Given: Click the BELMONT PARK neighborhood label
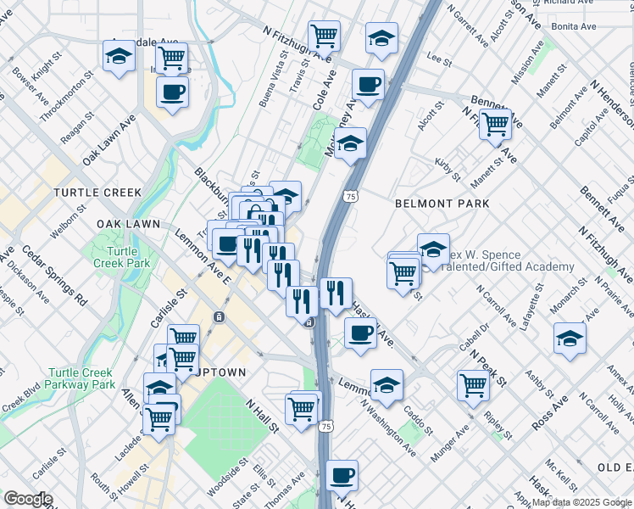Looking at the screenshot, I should coord(442,204).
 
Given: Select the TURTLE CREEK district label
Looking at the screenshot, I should coord(97,193).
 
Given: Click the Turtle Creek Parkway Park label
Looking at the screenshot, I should coord(81,378).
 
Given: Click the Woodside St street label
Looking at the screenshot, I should coord(226,473).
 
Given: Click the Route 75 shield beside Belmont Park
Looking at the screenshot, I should coord(350,196).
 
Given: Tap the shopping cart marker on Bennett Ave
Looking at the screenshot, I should coord(495,124).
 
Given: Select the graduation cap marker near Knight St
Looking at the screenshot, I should coord(119,56).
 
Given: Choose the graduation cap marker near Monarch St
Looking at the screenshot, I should coord(570,338).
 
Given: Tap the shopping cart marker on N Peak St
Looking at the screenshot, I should coord(473,385).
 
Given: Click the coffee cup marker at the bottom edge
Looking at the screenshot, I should coord(342,475).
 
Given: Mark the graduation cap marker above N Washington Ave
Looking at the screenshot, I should coord(387,385).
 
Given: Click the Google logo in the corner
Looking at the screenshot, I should coord(28,499).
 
